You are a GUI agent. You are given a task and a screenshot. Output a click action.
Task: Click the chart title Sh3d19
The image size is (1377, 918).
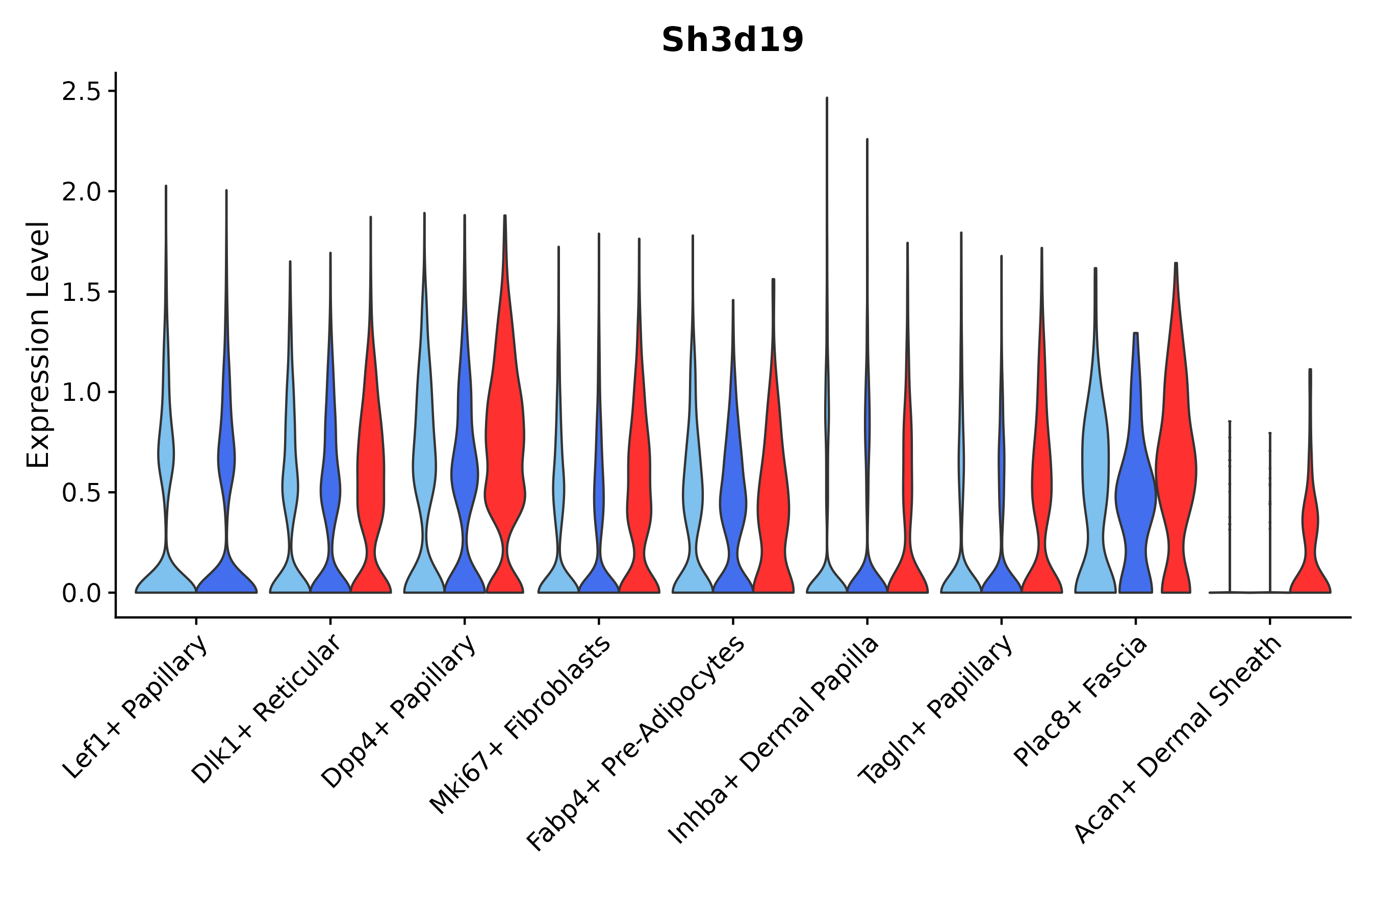tap(732, 40)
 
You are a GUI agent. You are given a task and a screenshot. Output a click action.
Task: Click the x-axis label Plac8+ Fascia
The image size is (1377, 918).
tap(1081, 701)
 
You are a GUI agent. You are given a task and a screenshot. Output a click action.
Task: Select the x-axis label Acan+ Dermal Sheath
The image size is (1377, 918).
tap(1178, 740)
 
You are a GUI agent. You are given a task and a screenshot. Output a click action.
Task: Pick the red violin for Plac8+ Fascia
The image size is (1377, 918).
tap(1176, 468)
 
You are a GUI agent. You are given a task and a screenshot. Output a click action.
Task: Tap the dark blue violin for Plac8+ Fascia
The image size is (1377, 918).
tap(1135, 498)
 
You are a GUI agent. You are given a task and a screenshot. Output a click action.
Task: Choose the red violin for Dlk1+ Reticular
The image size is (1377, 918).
tap(371, 468)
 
